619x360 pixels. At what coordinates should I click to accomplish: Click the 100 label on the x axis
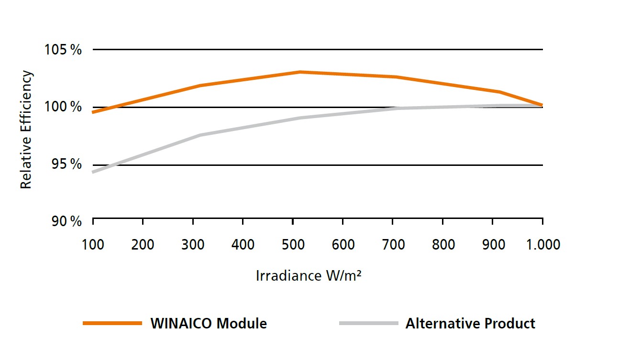(93, 245)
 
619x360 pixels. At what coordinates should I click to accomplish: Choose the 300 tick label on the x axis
(193, 245)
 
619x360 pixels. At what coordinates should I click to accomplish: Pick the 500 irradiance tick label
(293, 245)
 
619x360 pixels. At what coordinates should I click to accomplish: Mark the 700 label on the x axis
(393, 245)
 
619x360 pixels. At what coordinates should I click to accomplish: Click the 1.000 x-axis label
(542, 245)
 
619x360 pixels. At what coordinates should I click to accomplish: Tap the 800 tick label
(443, 245)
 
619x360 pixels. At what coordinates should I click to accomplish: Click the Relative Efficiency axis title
(26, 130)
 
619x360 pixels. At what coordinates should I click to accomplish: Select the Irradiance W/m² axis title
(308, 276)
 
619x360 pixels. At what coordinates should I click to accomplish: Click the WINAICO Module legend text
(209, 324)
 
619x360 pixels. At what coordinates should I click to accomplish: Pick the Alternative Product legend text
(470, 324)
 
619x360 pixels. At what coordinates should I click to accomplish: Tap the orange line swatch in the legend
(113, 324)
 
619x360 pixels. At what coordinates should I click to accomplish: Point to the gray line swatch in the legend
(368, 324)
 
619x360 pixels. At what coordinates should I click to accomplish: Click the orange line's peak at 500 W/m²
(299, 72)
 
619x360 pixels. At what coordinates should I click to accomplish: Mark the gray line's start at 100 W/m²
(94, 172)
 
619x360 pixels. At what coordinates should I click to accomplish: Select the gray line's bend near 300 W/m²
(199, 135)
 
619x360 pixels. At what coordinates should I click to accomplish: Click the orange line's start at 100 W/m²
(94, 112)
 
